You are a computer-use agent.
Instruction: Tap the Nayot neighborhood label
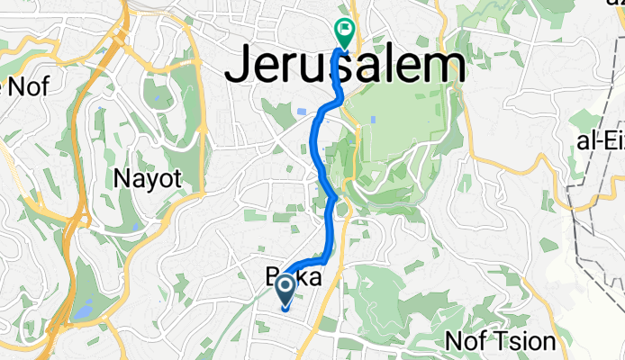pos(149,178)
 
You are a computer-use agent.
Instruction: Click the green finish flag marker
pos(344,32)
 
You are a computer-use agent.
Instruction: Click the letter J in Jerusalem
pos(240,67)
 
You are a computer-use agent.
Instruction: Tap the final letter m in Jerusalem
pos(447,67)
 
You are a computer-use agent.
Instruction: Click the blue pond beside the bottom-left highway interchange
pos(83,312)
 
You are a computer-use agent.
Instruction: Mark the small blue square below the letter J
pos(298,112)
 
